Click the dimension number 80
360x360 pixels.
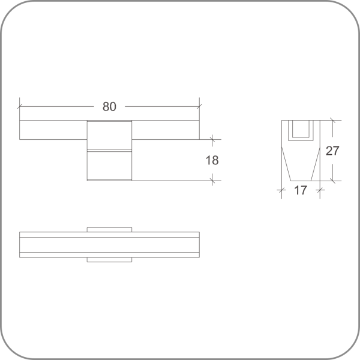tap(109, 107)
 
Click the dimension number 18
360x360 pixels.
tap(212, 160)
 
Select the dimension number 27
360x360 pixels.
tap(332, 151)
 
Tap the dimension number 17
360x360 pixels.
tap(301, 190)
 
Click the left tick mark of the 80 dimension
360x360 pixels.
tap(20, 107)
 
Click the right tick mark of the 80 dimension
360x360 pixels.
tap(199, 107)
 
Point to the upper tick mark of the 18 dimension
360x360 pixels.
tap(212, 139)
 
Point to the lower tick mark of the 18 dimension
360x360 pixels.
tap(212, 181)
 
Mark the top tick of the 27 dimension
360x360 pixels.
tap(332, 120)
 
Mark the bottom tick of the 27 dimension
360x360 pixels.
tap(332, 181)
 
